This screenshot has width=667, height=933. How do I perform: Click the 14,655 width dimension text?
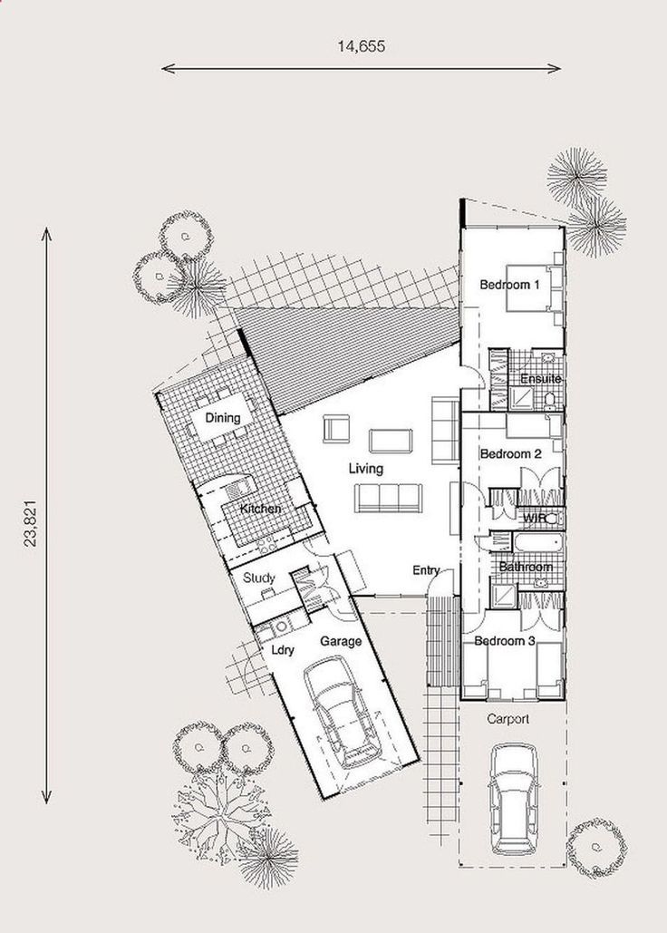(x=362, y=46)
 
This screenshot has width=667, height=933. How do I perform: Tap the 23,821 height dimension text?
(x=31, y=523)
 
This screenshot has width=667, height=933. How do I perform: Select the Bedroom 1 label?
(x=509, y=285)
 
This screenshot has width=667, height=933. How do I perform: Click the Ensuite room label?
(x=540, y=378)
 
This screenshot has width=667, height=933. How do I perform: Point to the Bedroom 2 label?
(x=510, y=454)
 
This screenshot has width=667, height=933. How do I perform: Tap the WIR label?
(x=534, y=519)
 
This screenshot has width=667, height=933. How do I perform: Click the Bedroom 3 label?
(x=505, y=641)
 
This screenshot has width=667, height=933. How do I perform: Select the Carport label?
(x=507, y=719)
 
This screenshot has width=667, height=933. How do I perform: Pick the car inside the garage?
(x=343, y=712)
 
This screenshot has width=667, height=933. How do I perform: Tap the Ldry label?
(x=283, y=650)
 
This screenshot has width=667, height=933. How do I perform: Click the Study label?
(x=258, y=578)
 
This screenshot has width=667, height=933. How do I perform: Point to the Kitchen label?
(x=260, y=509)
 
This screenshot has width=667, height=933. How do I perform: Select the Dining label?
(x=222, y=418)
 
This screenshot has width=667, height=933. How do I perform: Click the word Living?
(x=365, y=468)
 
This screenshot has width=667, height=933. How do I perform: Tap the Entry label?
(x=426, y=570)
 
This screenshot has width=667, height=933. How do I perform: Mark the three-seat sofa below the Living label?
(x=388, y=498)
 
